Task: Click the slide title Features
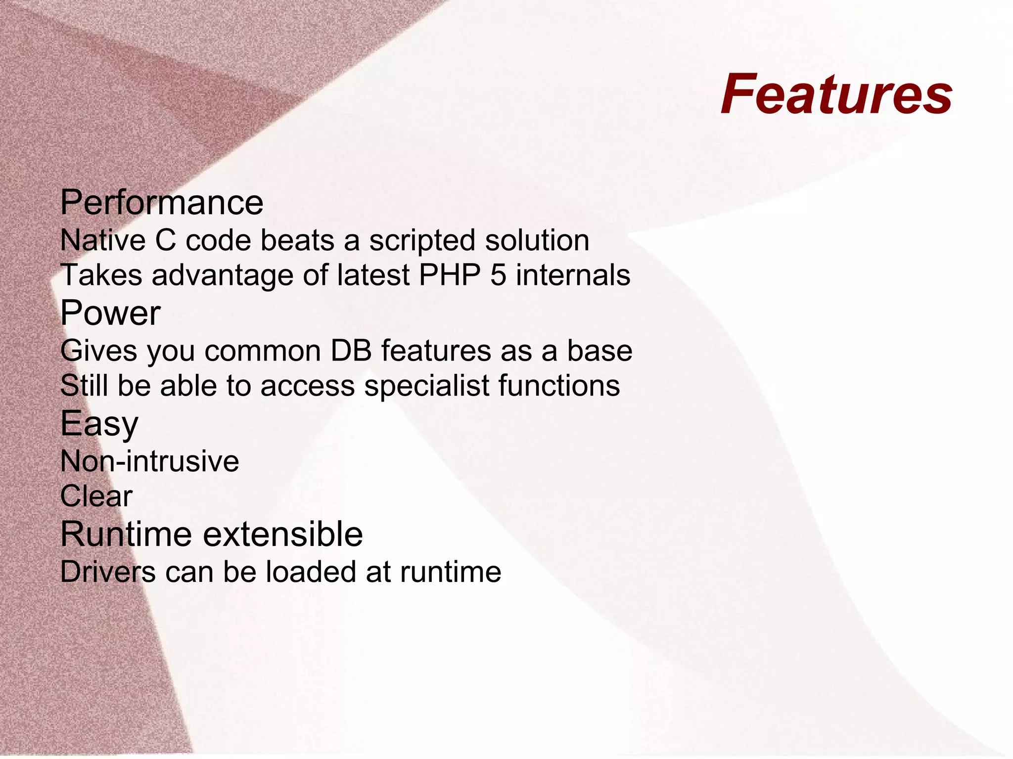(x=836, y=94)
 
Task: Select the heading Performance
(x=162, y=203)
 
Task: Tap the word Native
(x=103, y=241)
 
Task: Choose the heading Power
(x=110, y=313)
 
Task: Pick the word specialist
(x=427, y=386)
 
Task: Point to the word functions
(x=559, y=386)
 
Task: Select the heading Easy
(x=99, y=424)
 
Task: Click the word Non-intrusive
(x=149, y=461)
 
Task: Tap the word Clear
(x=96, y=496)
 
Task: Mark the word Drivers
(x=108, y=572)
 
